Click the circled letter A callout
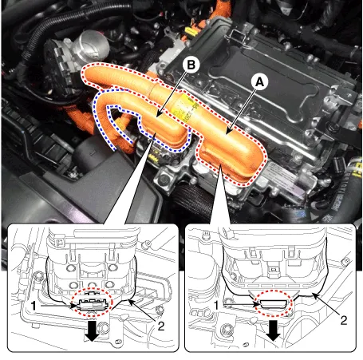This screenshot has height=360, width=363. [259, 81]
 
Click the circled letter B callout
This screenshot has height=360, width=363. [191, 65]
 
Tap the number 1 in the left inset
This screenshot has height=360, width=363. [34, 306]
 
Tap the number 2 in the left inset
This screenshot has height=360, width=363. [161, 326]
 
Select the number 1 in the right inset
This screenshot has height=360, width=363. [216, 305]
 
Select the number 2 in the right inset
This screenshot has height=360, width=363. [344, 320]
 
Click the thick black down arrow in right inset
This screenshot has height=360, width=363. [273, 330]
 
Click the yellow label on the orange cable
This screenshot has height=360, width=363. [184, 109]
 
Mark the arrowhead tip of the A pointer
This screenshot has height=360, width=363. [226, 134]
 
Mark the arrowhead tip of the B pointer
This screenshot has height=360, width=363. [156, 117]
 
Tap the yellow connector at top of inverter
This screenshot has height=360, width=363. [192, 31]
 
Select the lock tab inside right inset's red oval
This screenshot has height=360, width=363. [274, 304]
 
